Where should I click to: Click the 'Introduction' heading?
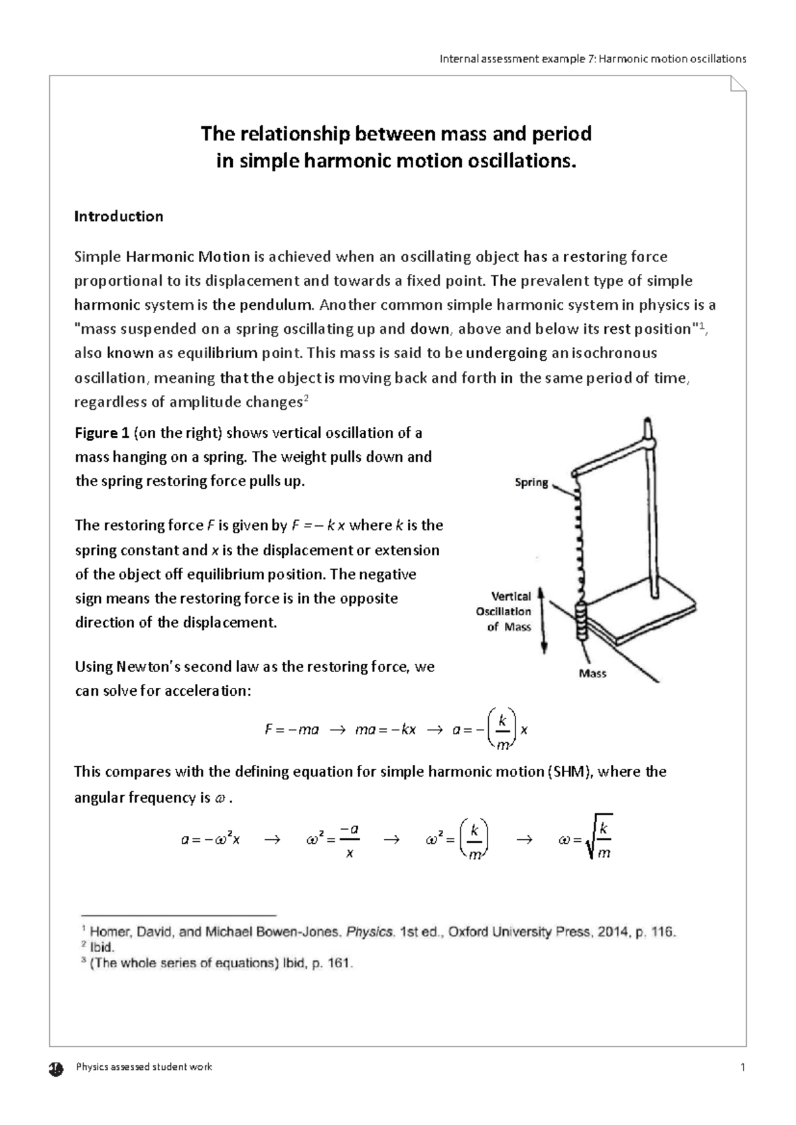click(x=118, y=216)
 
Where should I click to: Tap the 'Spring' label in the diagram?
click(x=531, y=483)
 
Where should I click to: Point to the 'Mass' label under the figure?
click(x=592, y=673)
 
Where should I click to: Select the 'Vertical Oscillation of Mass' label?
click(x=503, y=612)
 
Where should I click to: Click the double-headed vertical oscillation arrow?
click(x=543, y=621)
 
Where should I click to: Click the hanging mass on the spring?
click(x=581, y=621)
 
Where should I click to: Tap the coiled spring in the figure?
click(x=578, y=537)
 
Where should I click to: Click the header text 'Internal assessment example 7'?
click(x=517, y=58)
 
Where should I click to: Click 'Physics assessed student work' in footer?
click(x=144, y=1067)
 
